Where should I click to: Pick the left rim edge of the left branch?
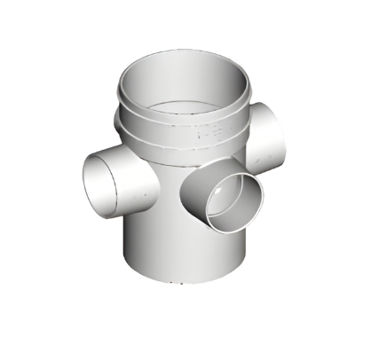tap(86, 182)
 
